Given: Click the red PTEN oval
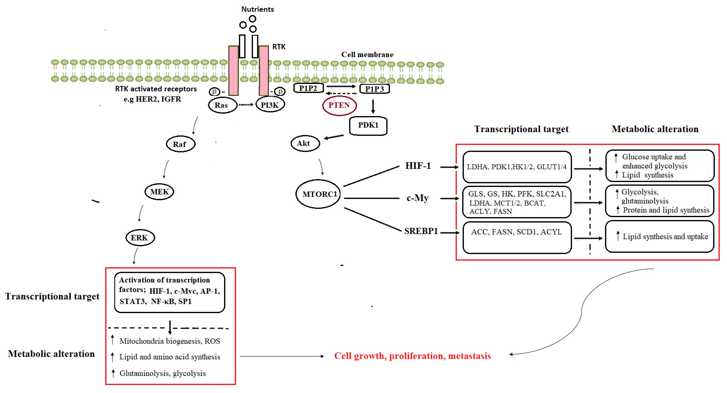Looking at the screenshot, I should pos(339,105).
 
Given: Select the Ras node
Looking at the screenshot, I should pos(222,105).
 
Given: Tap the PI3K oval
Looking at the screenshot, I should pos(270,105).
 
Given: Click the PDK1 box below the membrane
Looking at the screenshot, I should pos(368,126).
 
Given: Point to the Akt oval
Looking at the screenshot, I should pos(305,143).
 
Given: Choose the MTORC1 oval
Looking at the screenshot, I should pos(318,194).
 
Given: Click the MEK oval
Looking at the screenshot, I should pos(159,192).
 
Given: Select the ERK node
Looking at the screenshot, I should pos(140,238).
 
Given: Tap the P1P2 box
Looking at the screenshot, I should pos(308,88).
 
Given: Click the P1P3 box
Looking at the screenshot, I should pos(374,89).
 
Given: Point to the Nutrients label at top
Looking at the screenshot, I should pos(257,9).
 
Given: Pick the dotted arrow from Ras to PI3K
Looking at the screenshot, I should pos(246,105).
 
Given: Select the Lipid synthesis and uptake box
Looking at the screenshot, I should pos(660,236).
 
